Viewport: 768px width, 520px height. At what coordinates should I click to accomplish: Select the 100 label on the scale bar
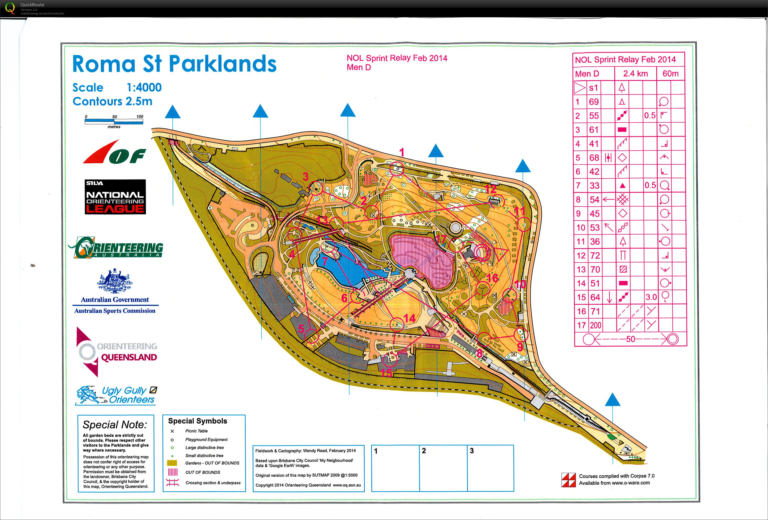pyautogui.click(x=139, y=117)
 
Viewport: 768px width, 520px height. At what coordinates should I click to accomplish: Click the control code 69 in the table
pyautogui.click(x=594, y=102)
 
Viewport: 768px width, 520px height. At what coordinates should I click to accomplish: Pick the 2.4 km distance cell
pyautogui.click(x=635, y=74)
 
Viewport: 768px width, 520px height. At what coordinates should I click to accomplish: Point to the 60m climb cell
pyautogui.click(x=670, y=74)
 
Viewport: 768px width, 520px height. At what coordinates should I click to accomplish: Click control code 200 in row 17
pyautogui.click(x=595, y=325)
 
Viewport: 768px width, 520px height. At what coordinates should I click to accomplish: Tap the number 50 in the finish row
pyautogui.click(x=630, y=339)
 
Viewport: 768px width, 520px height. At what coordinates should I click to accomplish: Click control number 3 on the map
pyautogui.click(x=306, y=177)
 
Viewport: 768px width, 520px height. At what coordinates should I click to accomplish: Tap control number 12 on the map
pyautogui.click(x=490, y=189)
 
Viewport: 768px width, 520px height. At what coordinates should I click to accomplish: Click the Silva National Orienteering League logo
pyautogui.click(x=115, y=197)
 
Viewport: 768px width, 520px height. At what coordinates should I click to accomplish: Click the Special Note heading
pyautogui.click(x=115, y=424)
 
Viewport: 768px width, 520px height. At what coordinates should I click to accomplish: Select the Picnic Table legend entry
pyautogui.click(x=196, y=431)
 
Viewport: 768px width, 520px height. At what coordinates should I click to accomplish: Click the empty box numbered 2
pyautogui.click(x=443, y=468)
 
